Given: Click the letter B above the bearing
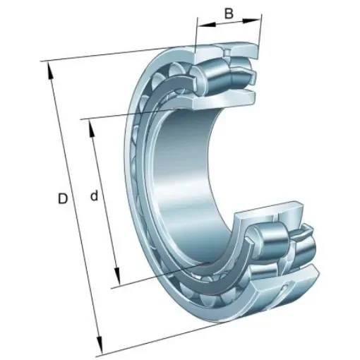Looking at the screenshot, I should click(229, 13).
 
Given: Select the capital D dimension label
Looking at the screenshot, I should click(62, 200).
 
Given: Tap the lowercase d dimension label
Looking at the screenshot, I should click(94, 196).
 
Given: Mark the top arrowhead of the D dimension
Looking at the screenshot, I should click(49, 68).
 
